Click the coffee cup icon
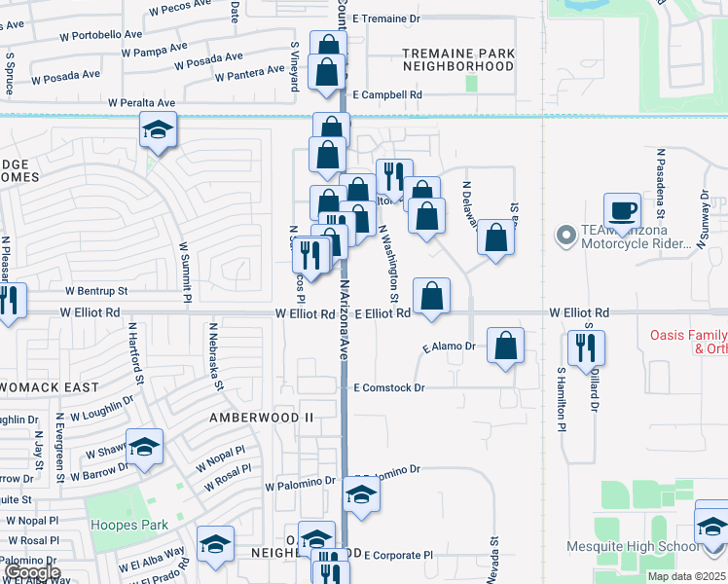click(x=622, y=210)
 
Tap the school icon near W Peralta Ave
click(x=156, y=130)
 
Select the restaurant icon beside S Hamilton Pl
click(x=586, y=347)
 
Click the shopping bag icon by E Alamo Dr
click(x=505, y=346)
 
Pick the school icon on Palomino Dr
click(x=361, y=494)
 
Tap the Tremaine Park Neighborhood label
click(x=457, y=59)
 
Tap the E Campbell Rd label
click(x=387, y=95)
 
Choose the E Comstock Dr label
click(x=389, y=387)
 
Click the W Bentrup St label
click(x=96, y=291)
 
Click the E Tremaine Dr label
click(x=385, y=18)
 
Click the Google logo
click(x=31, y=572)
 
